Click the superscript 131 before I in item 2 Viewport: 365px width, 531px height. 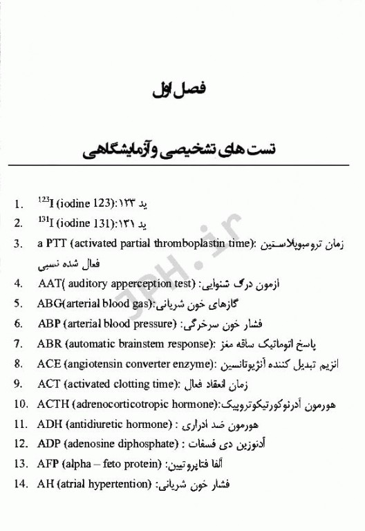click(x=42, y=221)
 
